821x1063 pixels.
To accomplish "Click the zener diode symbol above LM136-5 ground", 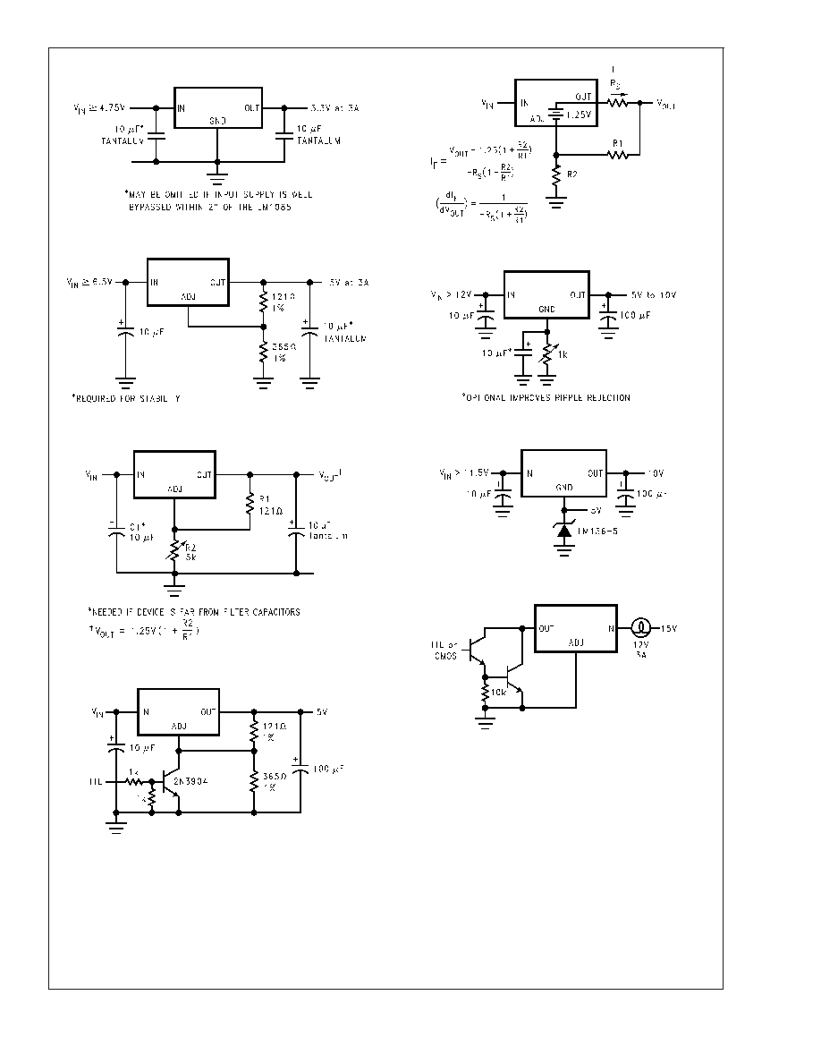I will point(564,530).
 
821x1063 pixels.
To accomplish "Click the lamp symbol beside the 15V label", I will point(640,628).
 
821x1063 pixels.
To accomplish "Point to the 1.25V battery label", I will point(580,116).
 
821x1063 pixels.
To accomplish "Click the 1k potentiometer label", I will point(563,356).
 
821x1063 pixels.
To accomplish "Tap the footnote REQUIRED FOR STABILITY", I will point(125,397).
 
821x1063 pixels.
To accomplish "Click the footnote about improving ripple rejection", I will point(546,397).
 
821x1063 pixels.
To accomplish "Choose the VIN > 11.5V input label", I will point(464,473).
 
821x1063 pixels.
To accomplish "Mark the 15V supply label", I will point(671,628).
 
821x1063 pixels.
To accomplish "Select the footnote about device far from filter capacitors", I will point(194,612).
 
